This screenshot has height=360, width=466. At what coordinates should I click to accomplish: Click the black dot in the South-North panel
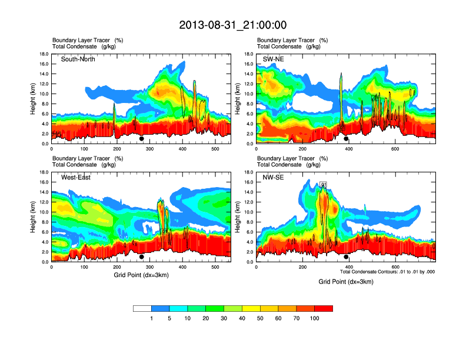coord(142,139)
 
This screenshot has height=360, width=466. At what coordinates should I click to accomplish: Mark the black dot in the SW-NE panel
coord(347,139)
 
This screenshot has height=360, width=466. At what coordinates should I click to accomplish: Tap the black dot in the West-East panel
coord(142,257)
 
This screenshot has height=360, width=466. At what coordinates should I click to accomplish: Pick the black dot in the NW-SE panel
coord(347,257)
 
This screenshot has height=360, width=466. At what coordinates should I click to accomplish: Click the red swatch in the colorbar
coord(324,308)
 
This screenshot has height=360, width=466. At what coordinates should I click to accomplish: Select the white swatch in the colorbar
coord(142,308)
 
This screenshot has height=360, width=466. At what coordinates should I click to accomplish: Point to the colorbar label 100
coord(314,318)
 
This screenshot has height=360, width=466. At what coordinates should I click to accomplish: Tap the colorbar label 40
coord(242,318)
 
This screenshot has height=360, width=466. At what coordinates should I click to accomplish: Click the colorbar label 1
coord(151,318)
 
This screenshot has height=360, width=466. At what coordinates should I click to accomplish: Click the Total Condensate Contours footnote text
coord(387,272)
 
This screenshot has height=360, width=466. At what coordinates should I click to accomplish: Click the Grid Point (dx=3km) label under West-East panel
coord(141,275)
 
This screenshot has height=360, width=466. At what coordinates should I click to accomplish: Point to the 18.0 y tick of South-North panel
coord(43,54)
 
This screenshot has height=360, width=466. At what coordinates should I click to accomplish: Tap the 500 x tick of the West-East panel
coord(215,267)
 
